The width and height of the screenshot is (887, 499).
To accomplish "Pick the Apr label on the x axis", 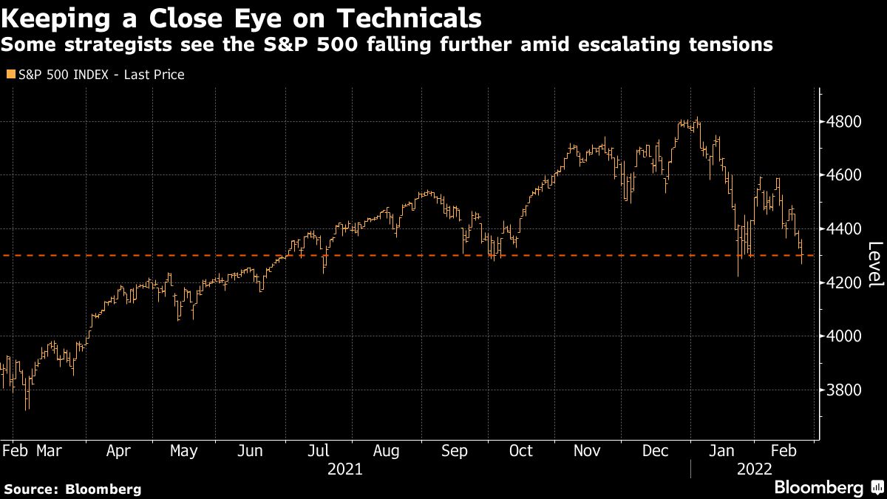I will coord(119,450).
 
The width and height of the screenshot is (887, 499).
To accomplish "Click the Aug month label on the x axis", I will coord(386,450).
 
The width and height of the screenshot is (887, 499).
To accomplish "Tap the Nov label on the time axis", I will coord(588,450).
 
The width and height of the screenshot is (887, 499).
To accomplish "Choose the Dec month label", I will coord(656,450).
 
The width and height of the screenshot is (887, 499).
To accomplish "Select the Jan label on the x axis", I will coord(721,450).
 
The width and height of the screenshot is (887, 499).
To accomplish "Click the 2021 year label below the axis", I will coord(344,469).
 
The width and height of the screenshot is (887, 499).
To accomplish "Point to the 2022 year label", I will coord(753,469).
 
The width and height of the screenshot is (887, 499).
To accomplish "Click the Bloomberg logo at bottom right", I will coord(818,487).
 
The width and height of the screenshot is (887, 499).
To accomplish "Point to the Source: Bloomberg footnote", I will coord(72,489).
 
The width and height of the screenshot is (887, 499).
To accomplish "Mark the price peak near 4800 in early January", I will coord(697,119).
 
